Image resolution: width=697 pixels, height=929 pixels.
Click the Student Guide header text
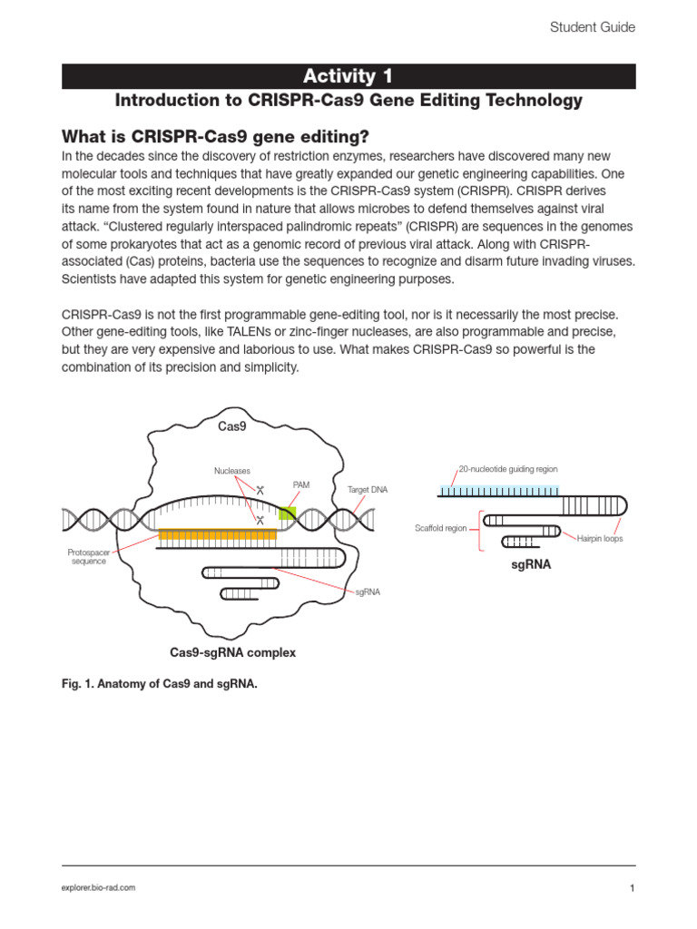593,27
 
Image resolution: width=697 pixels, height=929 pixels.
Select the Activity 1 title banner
348,76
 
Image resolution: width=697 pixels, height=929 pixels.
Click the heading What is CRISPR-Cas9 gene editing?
215,137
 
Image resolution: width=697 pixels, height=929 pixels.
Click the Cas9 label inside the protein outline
232,425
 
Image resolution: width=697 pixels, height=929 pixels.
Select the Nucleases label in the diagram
232,471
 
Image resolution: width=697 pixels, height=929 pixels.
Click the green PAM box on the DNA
287,513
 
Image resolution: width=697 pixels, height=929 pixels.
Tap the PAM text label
301,485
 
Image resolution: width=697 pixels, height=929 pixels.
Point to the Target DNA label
368,490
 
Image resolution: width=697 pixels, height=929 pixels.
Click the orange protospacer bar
218,534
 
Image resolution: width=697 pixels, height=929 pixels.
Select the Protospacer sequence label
89,556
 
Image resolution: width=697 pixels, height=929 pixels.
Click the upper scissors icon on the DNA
259,491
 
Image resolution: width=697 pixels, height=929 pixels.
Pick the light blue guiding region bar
498,491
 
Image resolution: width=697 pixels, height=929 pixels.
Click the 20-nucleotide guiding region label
509,469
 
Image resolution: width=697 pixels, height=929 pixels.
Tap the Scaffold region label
441,528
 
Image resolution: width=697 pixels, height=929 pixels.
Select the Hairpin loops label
600,539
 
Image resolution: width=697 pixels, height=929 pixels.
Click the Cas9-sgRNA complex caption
233,652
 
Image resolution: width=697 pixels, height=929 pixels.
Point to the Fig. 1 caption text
159,685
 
